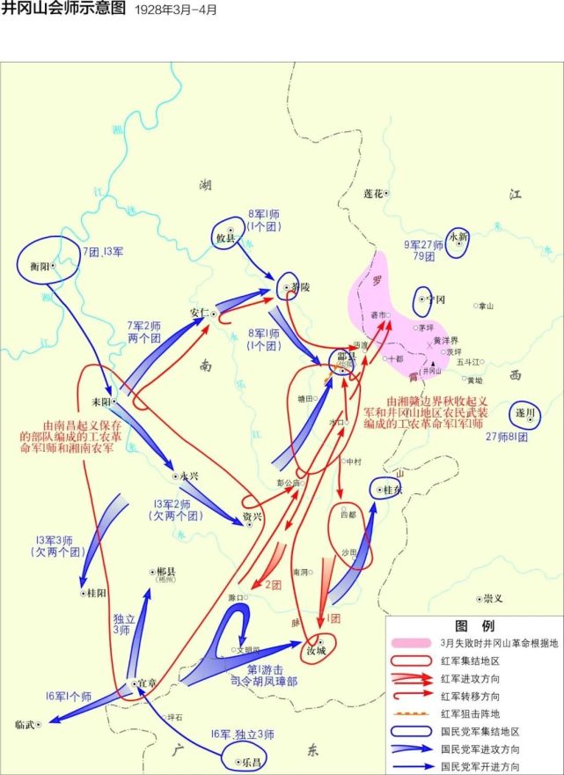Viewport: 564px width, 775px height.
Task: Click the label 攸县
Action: [x=225, y=239]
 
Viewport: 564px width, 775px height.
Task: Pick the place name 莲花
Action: [x=373, y=193]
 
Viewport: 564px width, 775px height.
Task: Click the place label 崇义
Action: [x=492, y=599]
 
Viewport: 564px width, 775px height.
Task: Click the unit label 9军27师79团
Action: [x=423, y=251]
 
